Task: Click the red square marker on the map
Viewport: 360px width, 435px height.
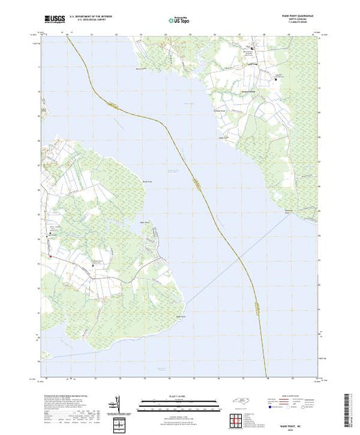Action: pyautogui.click(x=50, y=257)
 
